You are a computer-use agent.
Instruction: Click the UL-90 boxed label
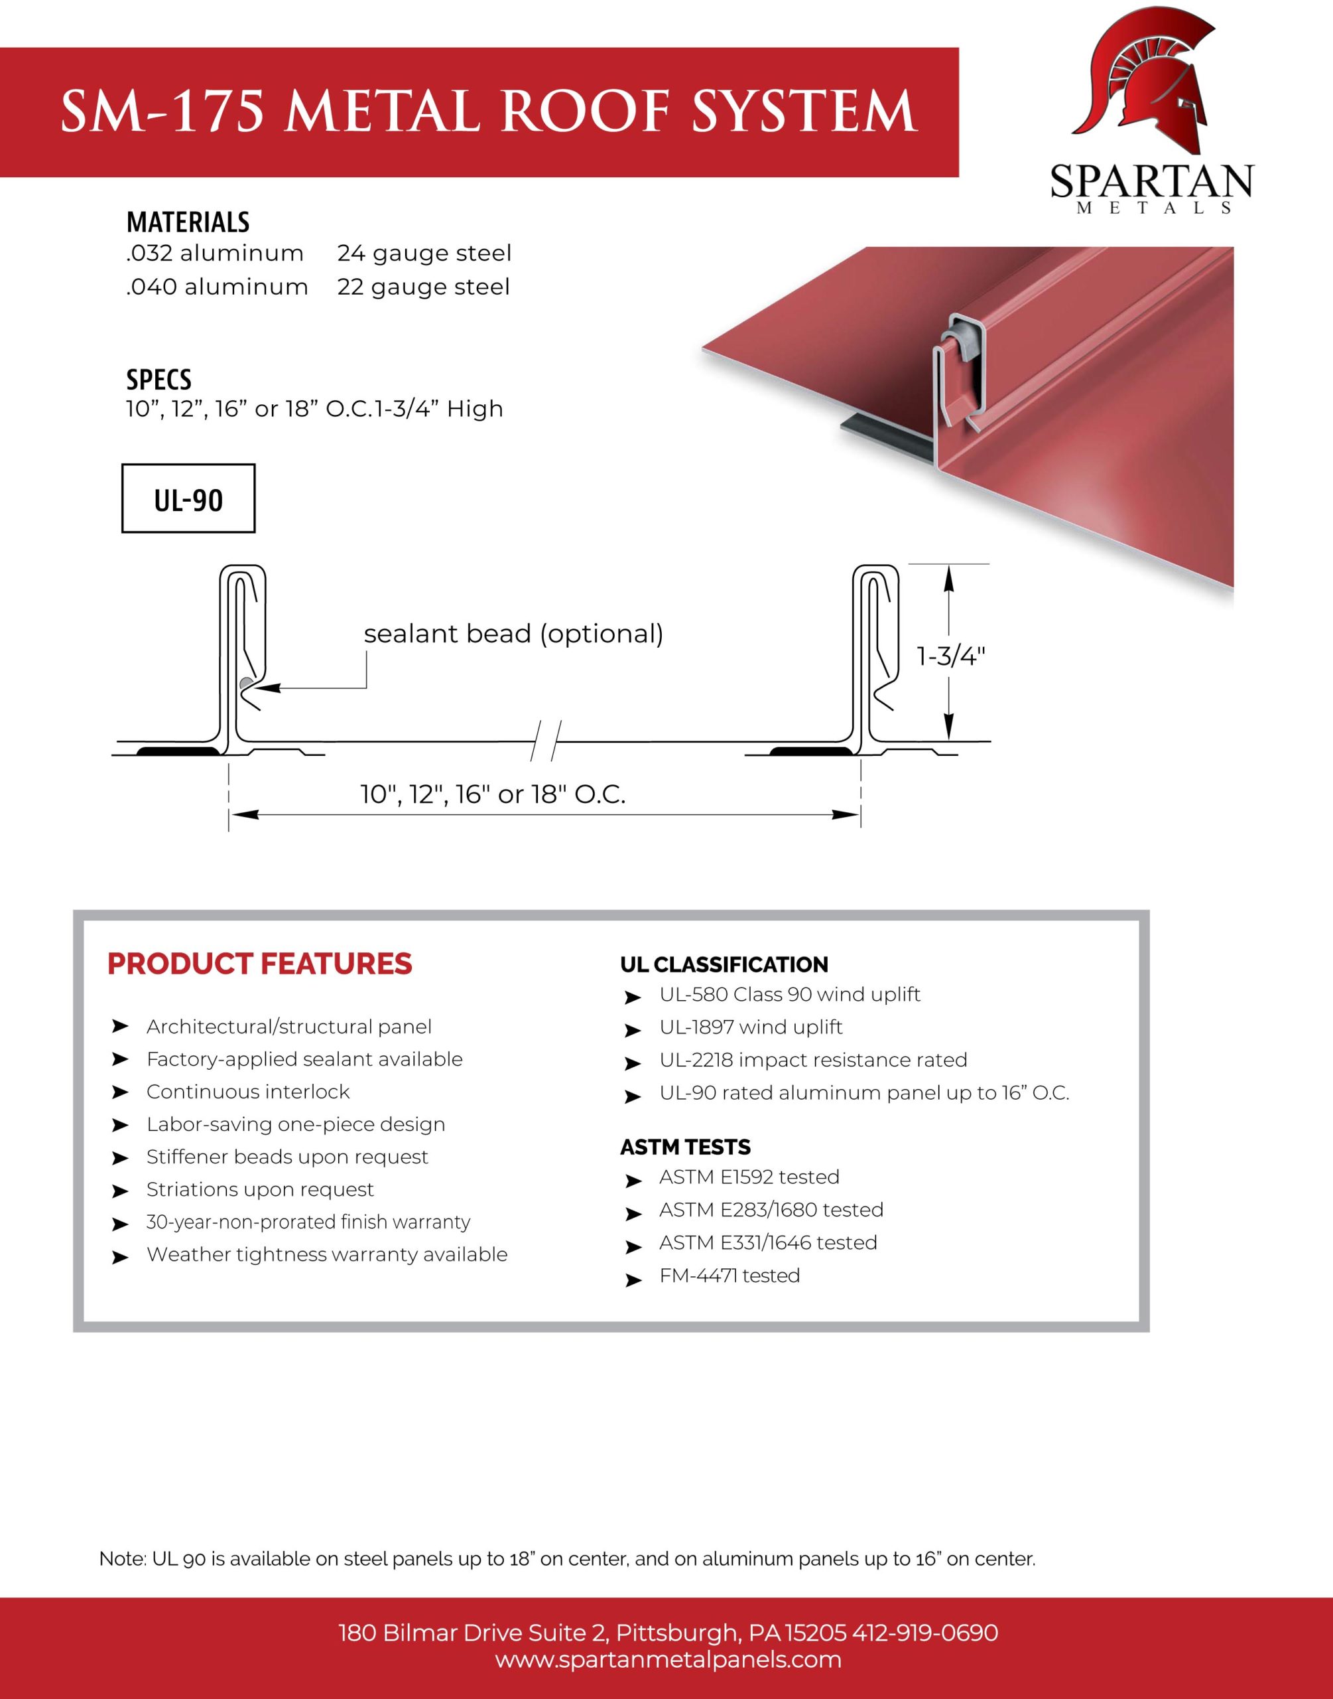pos(188,499)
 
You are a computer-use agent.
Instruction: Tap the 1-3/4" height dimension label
pos(950,656)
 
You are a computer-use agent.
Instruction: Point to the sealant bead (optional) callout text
pos(513,633)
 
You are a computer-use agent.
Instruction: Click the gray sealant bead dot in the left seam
pos(247,685)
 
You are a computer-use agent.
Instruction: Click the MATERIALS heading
pos(188,222)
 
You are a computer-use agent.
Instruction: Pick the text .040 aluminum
pos(217,287)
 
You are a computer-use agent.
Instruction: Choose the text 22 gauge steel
pos(423,287)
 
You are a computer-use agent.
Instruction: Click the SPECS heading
pos(159,380)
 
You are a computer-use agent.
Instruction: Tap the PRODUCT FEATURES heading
pos(259,964)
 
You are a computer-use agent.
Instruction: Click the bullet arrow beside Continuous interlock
pos(119,1092)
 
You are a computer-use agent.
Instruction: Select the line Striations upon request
pos(260,1189)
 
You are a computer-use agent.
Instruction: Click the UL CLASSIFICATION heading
pos(724,964)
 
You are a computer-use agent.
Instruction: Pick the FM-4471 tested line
pos(729,1275)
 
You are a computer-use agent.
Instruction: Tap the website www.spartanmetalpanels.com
pos(668,1659)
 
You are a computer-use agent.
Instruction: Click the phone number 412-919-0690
pos(925,1633)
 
